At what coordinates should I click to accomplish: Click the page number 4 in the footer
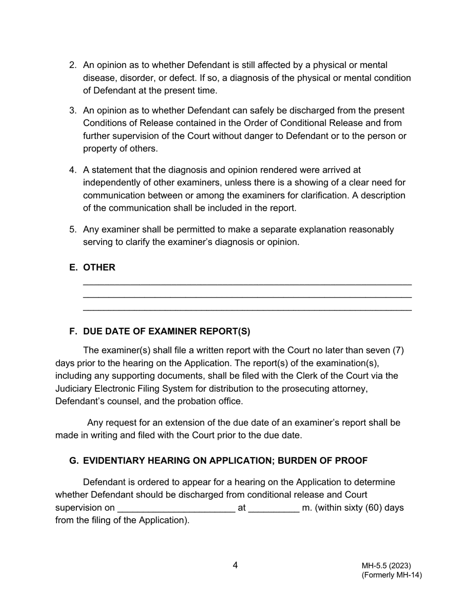tap(235, 565)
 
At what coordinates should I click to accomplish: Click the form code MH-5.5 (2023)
tap(386, 566)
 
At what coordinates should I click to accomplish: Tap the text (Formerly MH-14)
tap(391, 575)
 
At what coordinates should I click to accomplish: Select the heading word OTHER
tap(99, 267)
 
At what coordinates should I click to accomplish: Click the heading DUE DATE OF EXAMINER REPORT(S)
tap(167, 331)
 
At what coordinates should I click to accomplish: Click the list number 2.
tap(72, 65)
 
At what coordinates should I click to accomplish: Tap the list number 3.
tap(72, 111)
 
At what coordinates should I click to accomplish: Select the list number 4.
tap(72, 170)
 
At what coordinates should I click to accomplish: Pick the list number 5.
tap(72, 230)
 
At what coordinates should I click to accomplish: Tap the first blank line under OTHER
tap(247, 284)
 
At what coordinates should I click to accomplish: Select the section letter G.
tap(73, 461)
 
